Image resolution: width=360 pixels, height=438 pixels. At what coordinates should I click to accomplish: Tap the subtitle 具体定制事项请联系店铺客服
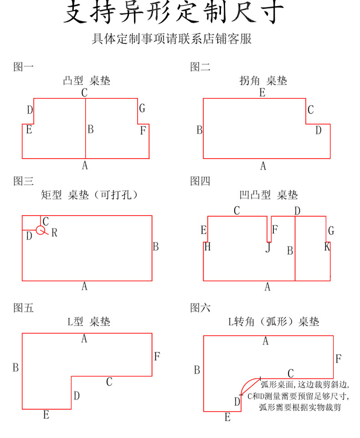pyautogui.click(x=172, y=39)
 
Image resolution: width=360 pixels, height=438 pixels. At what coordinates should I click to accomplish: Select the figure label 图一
pyautogui.click(x=24, y=67)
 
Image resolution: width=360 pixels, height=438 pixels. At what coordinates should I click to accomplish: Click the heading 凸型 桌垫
pyautogui.click(x=87, y=81)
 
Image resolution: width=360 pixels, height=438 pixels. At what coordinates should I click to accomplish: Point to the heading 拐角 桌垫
pyautogui.click(x=263, y=81)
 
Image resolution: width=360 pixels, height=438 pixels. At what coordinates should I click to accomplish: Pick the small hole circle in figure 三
pyautogui.click(x=41, y=230)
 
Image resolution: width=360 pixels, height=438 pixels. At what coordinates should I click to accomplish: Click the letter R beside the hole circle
pyautogui.click(x=54, y=233)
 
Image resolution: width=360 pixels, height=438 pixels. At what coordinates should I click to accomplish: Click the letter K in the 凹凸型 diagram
pyautogui.click(x=327, y=247)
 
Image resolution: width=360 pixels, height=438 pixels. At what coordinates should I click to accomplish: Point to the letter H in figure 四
pyautogui.click(x=207, y=247)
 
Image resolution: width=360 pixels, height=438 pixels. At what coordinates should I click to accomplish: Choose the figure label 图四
pyautogui.click(x=201, y=181)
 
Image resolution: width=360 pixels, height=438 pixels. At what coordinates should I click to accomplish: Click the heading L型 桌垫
pyautogui.click(x=89, y=322)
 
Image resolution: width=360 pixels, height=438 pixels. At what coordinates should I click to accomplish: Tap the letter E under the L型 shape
pyautogui.click(x=46, y=415)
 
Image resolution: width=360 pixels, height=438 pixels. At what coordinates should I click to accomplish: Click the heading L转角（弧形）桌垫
pyautogui.click(x=273, y=322)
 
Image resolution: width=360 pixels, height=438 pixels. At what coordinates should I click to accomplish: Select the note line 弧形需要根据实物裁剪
pyautogui.click(x=299, y=407)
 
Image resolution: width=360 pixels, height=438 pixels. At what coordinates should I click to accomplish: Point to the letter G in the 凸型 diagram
pyautogui.click(x=142, y=108)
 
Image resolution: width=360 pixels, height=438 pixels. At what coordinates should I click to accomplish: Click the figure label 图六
pyautogui.click(x=201, y=308)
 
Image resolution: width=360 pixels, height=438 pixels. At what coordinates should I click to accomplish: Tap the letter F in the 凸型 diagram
pyautogui.click(x=143, y=131)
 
